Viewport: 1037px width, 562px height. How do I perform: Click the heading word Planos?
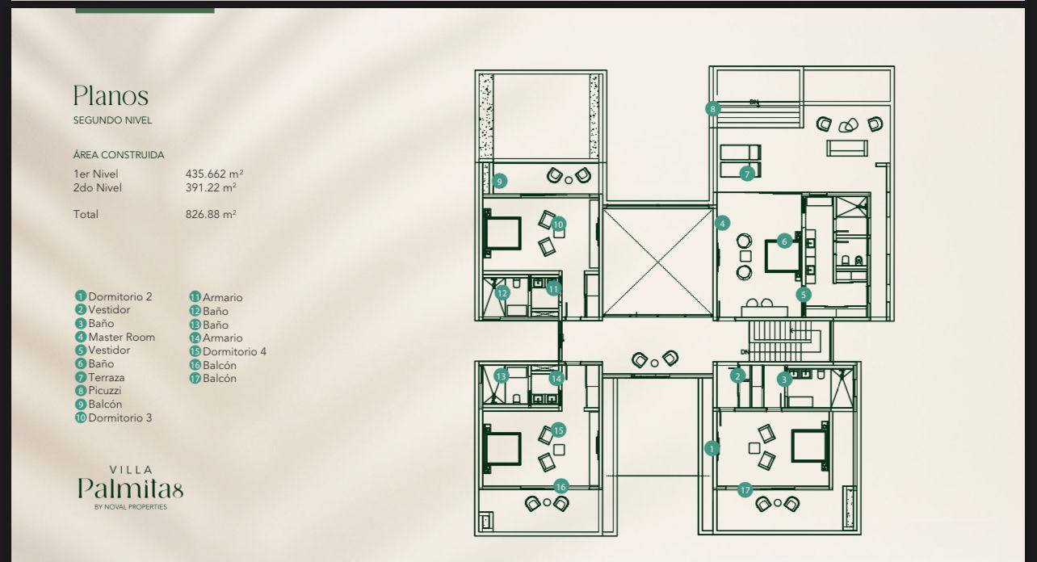[111, 96]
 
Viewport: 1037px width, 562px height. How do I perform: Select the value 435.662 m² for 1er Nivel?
[214, 174]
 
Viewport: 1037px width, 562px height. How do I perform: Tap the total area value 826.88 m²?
[210, 215]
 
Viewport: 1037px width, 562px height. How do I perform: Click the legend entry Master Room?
[120, 337]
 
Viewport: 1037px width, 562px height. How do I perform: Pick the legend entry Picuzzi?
[104, 391]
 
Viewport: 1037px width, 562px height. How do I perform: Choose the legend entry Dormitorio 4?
[233, 351]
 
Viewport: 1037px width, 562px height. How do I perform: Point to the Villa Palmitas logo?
[130, 487]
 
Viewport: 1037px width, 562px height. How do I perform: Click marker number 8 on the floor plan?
[712, 109]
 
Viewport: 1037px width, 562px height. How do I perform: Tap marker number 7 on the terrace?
[747, 174]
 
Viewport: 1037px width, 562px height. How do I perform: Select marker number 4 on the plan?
[723, 223]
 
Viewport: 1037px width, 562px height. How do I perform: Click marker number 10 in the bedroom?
[559, 224]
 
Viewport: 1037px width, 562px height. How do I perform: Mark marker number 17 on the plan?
[745, 489]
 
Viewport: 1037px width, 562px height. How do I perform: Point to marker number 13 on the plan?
[502, 375]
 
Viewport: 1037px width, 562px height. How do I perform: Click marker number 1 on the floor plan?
[712, 448]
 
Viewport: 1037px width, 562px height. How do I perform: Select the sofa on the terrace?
[846, 149]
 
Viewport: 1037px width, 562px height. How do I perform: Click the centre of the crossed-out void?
[658, 262]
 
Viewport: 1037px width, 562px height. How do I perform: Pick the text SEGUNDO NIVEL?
[112, 120]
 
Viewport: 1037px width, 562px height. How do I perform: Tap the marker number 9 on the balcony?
[500, 181]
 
